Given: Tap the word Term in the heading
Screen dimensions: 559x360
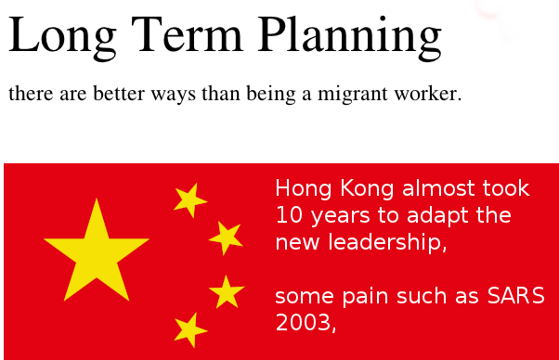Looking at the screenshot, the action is tap(188, 34).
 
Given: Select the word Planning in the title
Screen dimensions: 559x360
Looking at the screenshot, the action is tap(350, 38).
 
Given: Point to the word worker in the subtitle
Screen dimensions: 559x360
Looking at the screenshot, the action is tap(428, 94).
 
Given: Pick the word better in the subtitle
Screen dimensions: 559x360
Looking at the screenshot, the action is tap(119, 94).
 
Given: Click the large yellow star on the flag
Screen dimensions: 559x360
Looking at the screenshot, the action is tap(97, 250).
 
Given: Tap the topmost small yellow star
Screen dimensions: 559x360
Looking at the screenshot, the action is tap(190, 200).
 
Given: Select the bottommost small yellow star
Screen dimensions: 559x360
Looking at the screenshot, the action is tap(190, 330).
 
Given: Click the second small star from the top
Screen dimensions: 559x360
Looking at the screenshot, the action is tap(226, 238).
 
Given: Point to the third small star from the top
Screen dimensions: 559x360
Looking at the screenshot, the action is tap(227, 291).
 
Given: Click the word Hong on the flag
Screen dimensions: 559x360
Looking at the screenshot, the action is tap(304, 189).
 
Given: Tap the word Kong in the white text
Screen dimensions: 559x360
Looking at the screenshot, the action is tap(367, 189).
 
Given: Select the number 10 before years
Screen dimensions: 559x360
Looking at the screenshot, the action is tap(289, 215).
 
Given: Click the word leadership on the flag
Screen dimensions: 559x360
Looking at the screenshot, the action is tap(387, 243).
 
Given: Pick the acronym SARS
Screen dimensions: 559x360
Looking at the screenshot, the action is tap(516, 296).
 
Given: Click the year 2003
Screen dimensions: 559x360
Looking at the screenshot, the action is tap(305, 323).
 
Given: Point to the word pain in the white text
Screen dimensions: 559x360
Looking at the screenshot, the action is tap(365, 297).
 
